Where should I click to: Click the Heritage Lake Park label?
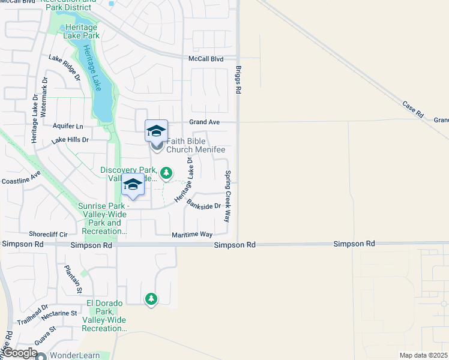(83, 31)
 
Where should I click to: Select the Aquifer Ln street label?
(68, 126)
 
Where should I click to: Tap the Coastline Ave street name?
(21, 178)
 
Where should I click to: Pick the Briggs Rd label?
(238, 79)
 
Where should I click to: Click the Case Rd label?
(413, 109)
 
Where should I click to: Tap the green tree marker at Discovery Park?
(166, 173)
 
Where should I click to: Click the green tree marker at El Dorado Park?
(151, 298)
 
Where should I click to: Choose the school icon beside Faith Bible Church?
(156, 131)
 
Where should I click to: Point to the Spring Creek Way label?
(228, 196)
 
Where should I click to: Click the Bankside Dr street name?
(203, 205)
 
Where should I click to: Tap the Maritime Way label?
(192, 235)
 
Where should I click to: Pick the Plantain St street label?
(74, 279)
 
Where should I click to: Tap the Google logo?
(19, 353)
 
